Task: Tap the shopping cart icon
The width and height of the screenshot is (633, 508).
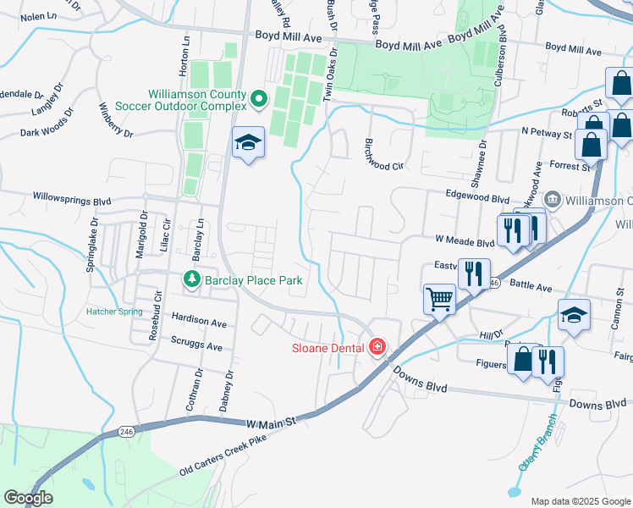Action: tap(439, 299)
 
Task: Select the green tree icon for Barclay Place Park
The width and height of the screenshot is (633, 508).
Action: tap(192, 279)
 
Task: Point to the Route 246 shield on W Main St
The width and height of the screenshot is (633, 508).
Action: tap(127, 432)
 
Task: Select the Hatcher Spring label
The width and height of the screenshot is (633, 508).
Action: tap(113, 311)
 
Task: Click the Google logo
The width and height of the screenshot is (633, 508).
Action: tap(28, 498)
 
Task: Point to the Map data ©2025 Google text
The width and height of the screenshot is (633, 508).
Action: tap(581, 501)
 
